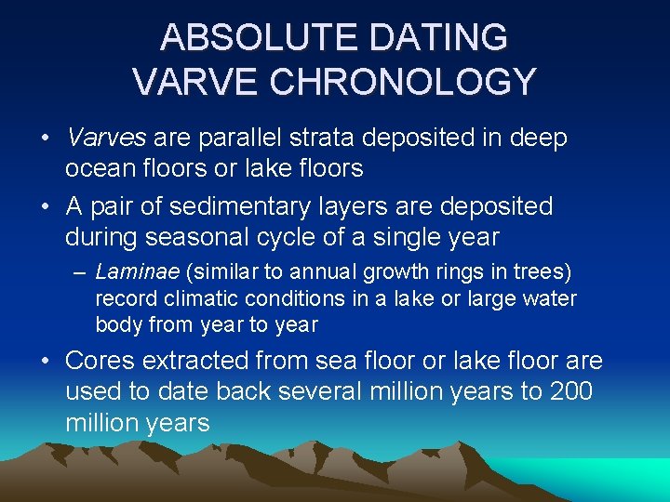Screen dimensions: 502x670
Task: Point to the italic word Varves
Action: pos(106,139)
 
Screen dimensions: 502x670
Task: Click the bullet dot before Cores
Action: pos(46,362)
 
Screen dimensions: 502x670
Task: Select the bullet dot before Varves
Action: pos(46,139)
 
